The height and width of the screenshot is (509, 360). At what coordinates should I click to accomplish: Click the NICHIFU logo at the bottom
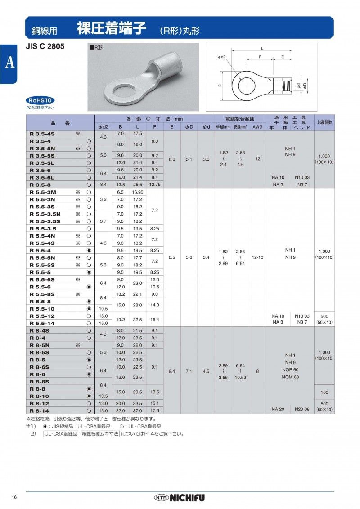180,498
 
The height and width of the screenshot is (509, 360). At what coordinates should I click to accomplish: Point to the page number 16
14,497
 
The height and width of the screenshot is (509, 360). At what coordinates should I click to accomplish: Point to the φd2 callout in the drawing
222,58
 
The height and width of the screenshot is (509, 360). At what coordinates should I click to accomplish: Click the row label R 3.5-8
40,185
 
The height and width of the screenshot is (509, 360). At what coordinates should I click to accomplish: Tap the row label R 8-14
40,410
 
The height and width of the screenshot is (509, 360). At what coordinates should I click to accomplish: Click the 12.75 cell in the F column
154,185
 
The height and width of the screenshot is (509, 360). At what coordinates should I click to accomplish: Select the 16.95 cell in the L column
137,192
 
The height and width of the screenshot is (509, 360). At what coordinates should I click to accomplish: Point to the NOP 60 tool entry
290,369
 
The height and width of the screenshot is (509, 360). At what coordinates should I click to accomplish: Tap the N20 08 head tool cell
302,409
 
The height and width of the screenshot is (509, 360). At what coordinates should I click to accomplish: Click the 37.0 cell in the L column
137,410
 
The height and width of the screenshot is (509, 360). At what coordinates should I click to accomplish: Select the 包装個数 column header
324,122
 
